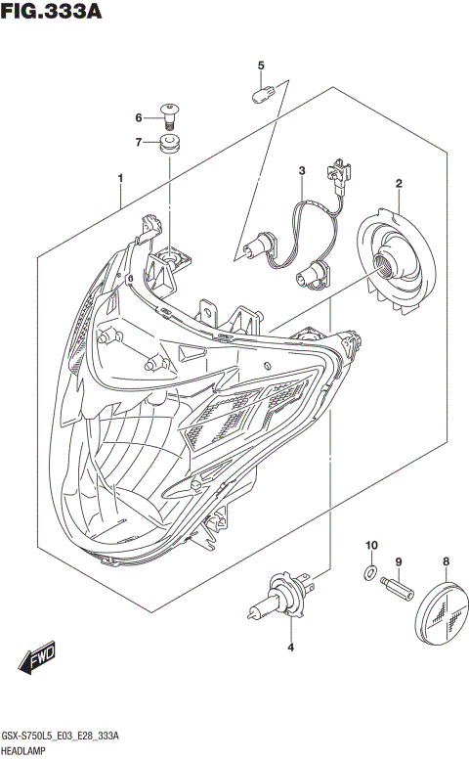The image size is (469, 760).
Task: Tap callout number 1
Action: (x=120, y=179)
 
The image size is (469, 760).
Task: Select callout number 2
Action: (x=399, y=183)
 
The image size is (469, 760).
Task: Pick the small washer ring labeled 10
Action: (x=369, y=570)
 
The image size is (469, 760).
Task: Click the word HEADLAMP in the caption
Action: (x=29, y=748)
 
